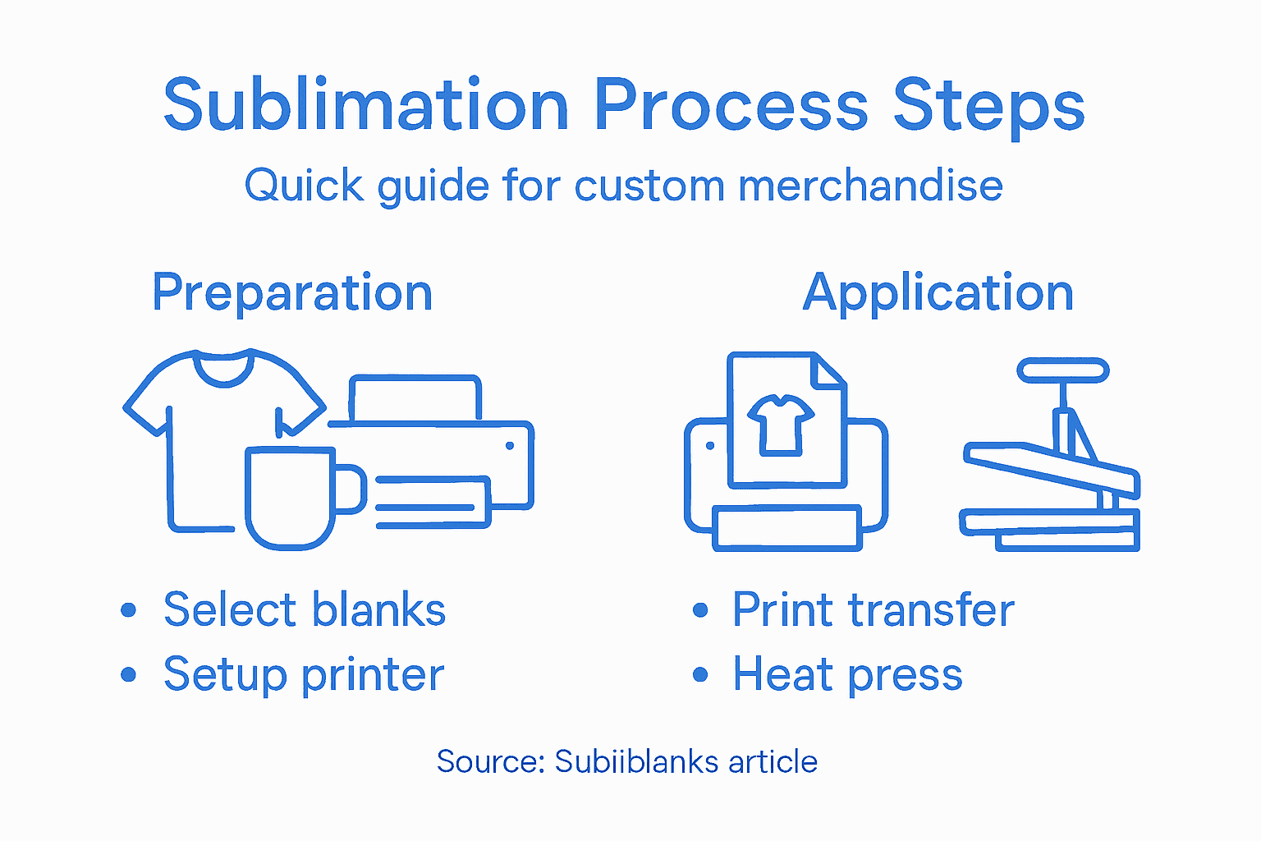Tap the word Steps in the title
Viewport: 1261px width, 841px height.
pos(988,107)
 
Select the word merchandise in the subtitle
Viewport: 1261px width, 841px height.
pos(870,186)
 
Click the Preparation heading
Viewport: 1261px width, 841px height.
pos(292,293)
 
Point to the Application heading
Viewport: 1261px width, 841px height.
pos(938,293)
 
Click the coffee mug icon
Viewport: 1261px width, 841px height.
pos(291,497)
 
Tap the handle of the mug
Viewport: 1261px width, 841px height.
pos(351,489)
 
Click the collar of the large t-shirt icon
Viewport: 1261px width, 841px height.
pos(222,370)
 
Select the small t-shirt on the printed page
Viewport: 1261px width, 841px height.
pos(780,422)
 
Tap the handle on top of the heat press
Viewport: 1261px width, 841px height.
pos(1062,370)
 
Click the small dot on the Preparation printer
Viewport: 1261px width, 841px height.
pos(510,446)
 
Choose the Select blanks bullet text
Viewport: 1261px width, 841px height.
pos(304,610)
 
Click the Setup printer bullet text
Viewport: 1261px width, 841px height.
pos(304,675)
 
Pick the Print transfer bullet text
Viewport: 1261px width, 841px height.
pos(873,610)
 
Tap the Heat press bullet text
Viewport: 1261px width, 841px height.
pos(847,675)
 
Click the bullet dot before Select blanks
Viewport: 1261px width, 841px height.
pos(128,610)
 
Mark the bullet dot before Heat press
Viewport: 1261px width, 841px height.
pos(699,675)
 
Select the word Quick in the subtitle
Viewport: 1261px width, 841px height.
pos(304,186)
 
